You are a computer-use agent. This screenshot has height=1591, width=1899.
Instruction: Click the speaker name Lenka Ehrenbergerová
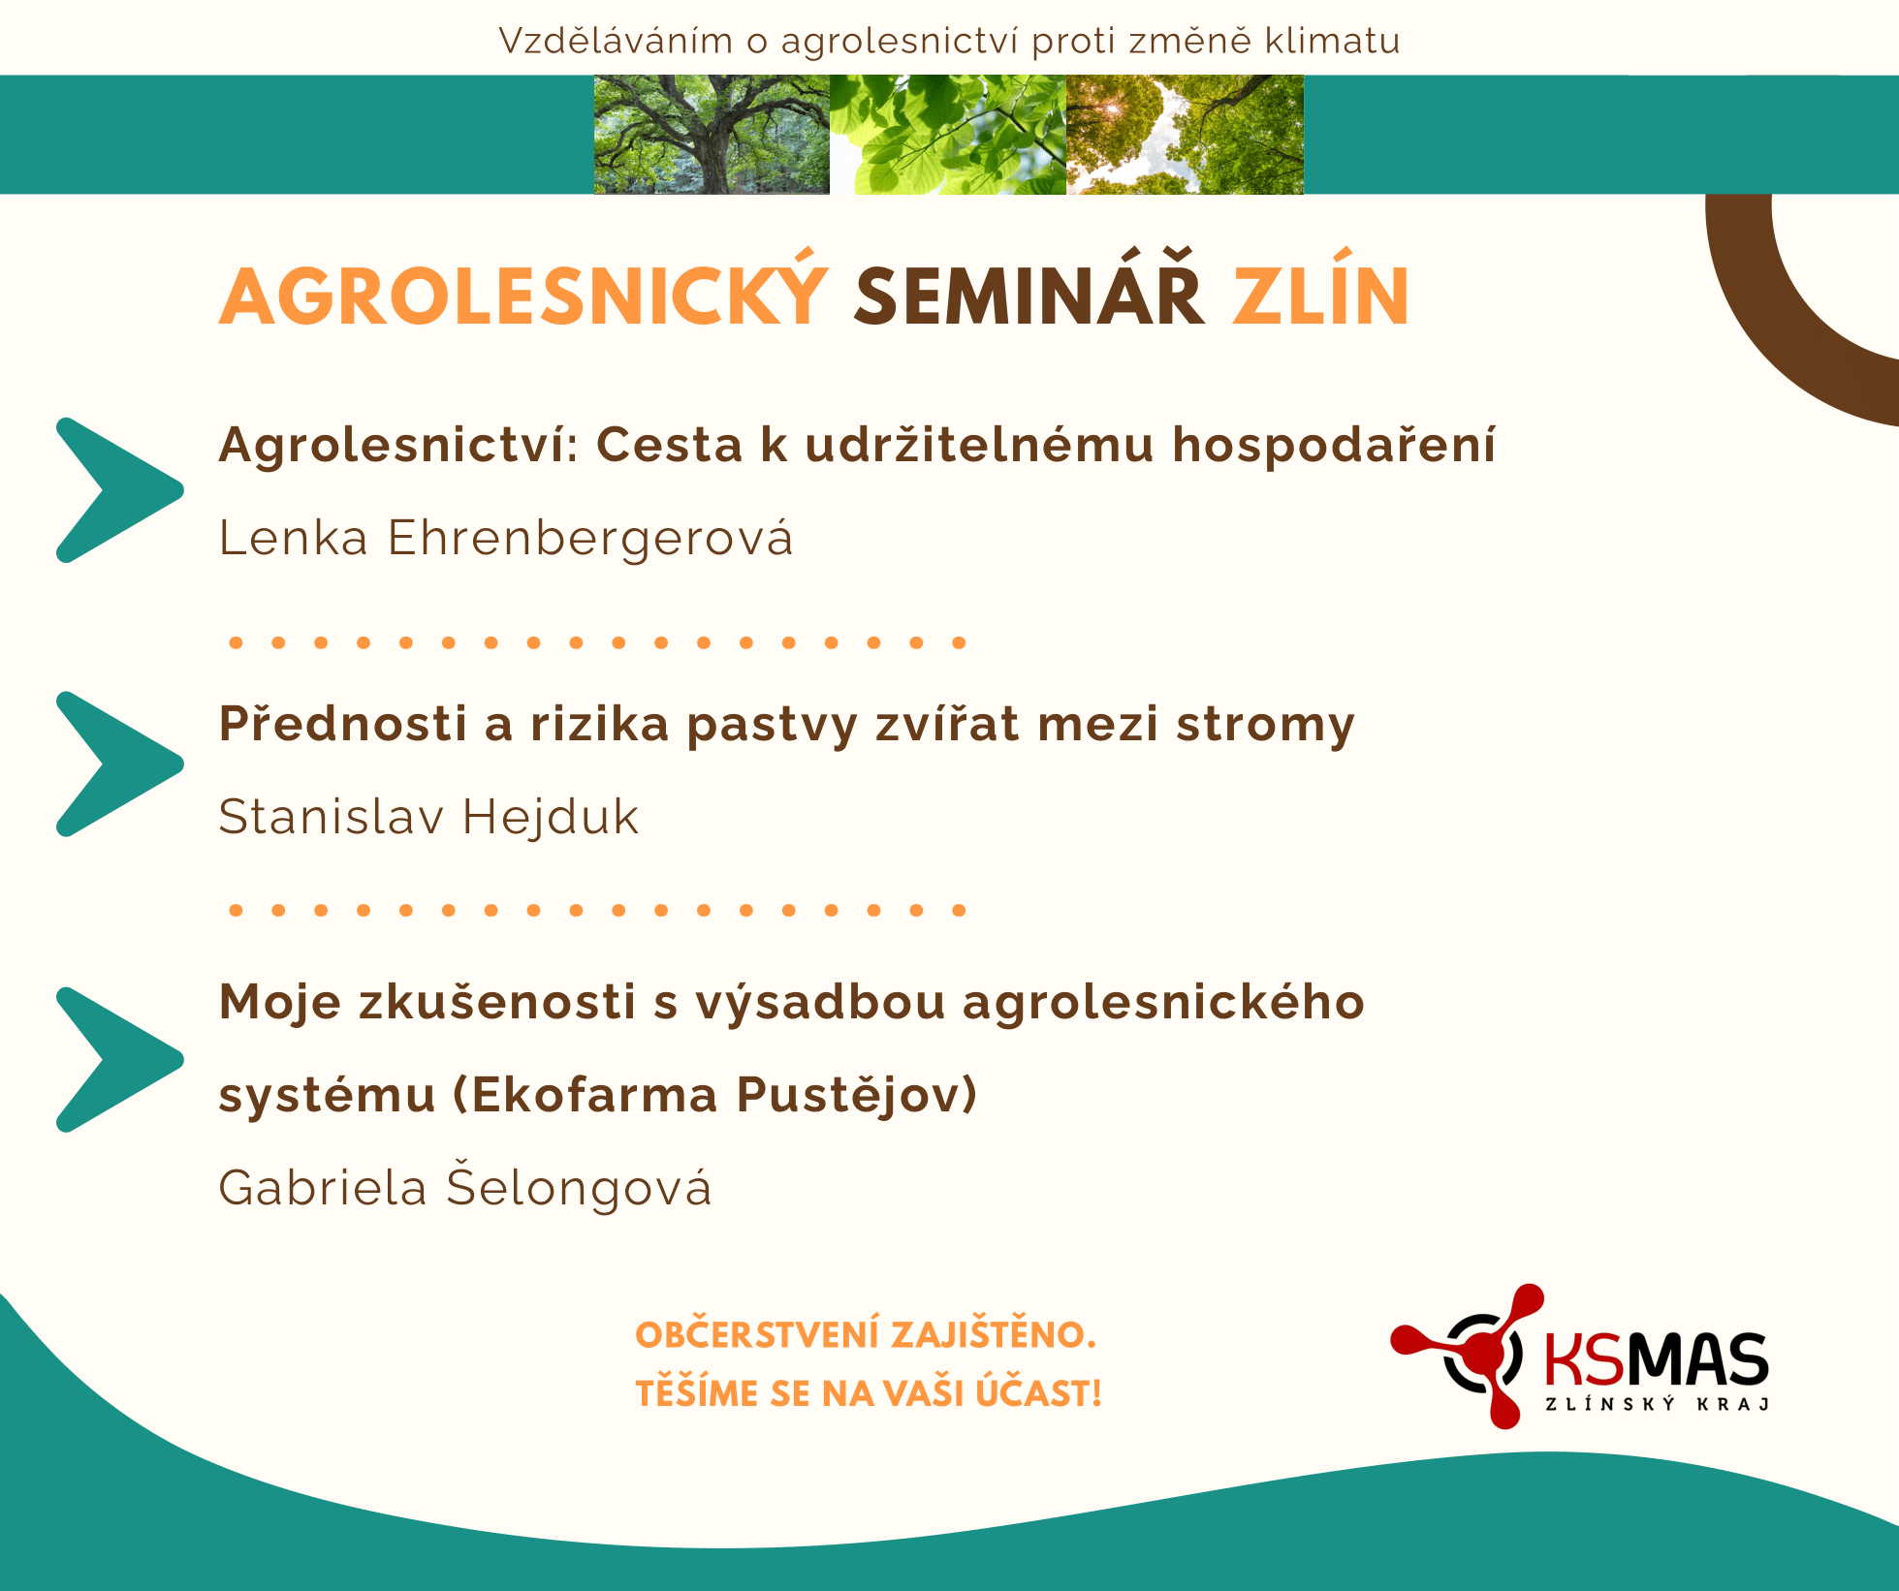click(x=506, y=537)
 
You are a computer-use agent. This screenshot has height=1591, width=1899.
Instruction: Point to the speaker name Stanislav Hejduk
click(x=428, y=816)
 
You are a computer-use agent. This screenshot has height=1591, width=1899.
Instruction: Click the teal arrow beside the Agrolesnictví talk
click(x=119, y=490)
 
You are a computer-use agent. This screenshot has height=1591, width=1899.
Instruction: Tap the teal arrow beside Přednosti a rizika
click(x=119, y=764)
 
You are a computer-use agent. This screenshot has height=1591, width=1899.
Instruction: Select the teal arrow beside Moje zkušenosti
click(x=119, y=1060)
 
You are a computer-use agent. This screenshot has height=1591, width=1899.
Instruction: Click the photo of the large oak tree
click(x=712, y=135)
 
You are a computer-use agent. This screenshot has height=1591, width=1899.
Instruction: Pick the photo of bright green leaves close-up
click(x=948, y=135)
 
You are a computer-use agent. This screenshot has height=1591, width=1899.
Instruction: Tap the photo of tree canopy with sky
click(x=1185, y=135)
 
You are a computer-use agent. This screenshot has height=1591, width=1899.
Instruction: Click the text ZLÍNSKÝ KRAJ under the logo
click(x=1657, y=1404)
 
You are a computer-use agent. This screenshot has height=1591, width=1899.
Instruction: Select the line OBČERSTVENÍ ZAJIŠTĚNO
click(x=866, y=1334)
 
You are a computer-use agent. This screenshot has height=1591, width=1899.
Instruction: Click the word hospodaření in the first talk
click(x=1334, y=446)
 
